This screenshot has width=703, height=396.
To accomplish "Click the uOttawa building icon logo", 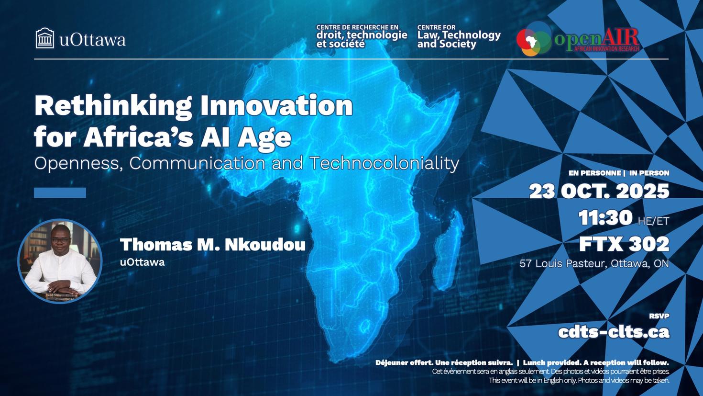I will (45, 38).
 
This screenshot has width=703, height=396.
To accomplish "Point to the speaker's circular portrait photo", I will (60, 261).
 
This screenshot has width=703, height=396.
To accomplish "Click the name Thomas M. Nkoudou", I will (212, 245).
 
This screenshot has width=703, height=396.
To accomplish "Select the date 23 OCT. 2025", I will (599, 192).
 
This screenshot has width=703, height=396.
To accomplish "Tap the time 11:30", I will (605, 218).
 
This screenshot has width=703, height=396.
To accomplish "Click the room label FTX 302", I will (624, 245).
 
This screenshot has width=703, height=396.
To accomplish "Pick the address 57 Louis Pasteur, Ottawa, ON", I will (594, 263).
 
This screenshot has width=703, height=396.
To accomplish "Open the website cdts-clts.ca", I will (614, 332).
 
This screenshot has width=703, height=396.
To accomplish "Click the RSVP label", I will (659, 316).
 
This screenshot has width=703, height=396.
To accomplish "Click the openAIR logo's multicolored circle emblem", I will (534, 39).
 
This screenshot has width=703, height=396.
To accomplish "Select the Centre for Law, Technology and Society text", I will (458, 37).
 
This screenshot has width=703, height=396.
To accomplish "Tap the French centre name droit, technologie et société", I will (361, 37).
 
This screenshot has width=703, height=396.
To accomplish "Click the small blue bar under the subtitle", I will (60, 192).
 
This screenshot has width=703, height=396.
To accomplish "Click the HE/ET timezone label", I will (653, 221).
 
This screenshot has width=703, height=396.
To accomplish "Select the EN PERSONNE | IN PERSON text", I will (618, 173).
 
